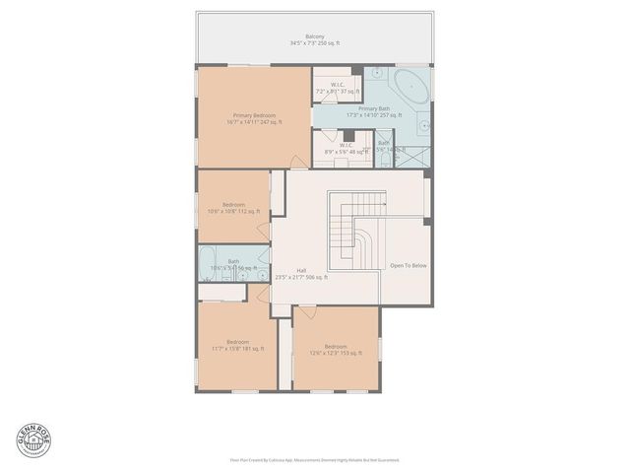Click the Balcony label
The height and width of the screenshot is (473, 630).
click(x=315, y=39)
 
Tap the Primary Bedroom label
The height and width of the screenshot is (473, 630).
click(x=254, y=118)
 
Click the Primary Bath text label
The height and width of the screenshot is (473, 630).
click(x=374, y=111)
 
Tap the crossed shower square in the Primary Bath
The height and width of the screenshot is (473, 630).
click(x=416, y=153)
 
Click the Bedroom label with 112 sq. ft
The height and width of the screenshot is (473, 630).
click(x=233, y=208)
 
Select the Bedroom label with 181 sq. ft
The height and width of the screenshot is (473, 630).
click(x=238, y=344)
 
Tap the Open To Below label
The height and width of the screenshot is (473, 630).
click(x=408, y=266)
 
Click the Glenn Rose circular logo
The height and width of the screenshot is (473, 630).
click(x=34, y=439)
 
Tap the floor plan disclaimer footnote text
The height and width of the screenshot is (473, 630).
click(x=315, y=459)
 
